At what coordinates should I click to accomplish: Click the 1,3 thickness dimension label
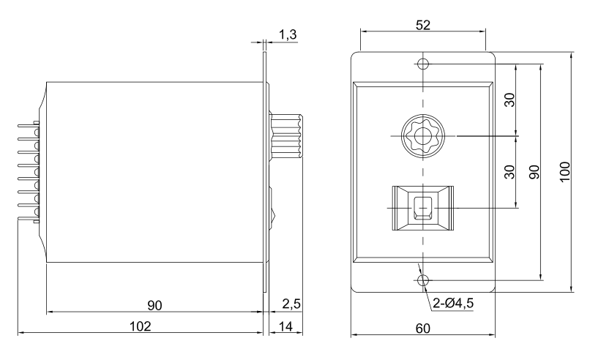(288, 34)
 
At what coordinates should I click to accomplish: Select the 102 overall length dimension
(140, 326)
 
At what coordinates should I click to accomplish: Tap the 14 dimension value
(285, 326)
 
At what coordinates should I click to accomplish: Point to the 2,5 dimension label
(291, 304)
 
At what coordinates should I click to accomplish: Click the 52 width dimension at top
(423, 25)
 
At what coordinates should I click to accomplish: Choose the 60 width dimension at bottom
(423, 329)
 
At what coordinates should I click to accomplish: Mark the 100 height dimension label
(565, 172)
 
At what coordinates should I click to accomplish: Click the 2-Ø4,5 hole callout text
(453, 303)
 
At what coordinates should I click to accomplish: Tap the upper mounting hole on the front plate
(423, 64)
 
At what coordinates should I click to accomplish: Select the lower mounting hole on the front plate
(423, 280)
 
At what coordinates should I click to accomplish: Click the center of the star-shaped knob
(423, 136)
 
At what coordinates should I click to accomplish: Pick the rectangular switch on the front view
(423, 208)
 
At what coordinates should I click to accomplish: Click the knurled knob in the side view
(287, 136)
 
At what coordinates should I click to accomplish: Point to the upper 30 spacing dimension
(509, 100)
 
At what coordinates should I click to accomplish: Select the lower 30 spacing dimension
(509, 172)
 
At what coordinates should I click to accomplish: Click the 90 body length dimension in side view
(154, 305)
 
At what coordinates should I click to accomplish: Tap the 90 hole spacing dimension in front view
(534, 172)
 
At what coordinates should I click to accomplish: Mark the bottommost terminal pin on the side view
(29, 219)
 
